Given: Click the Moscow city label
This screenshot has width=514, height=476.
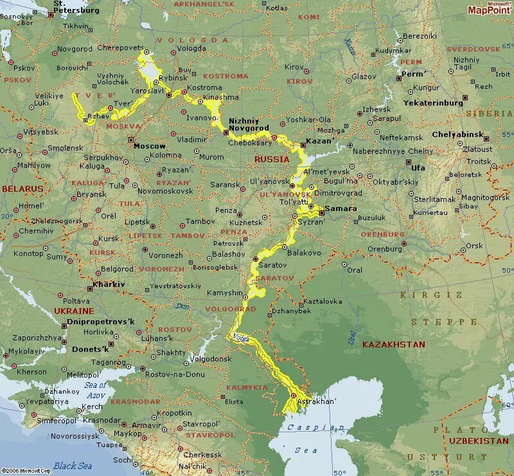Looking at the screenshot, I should pyautogui.click(x=149, y=146).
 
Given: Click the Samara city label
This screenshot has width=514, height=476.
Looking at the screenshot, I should pyautogui.click(x=341, y=208).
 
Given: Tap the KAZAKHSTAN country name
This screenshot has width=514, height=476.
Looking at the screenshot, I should pyautogui.click(x=393, y=344).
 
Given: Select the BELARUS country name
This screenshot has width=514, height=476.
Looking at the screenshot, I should pyautogui.click(x=22, y=188).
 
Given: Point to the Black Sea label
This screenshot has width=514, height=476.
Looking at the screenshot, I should pyautogui.click(x=73, y=465).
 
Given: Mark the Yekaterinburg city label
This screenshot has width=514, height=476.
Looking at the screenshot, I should pyautogui.click(x=433, y=102).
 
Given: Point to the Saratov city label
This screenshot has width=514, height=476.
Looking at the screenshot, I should pyautogui.click(x=273, y=265).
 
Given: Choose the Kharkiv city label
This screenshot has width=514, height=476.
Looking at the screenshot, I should pyautogui.click(x=109, y=284).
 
